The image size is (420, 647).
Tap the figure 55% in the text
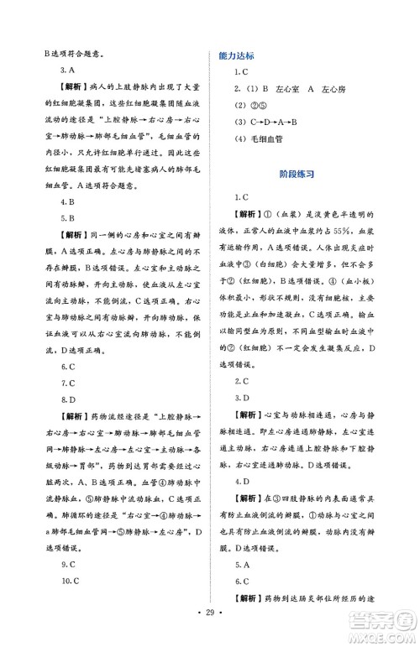(348, 253)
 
